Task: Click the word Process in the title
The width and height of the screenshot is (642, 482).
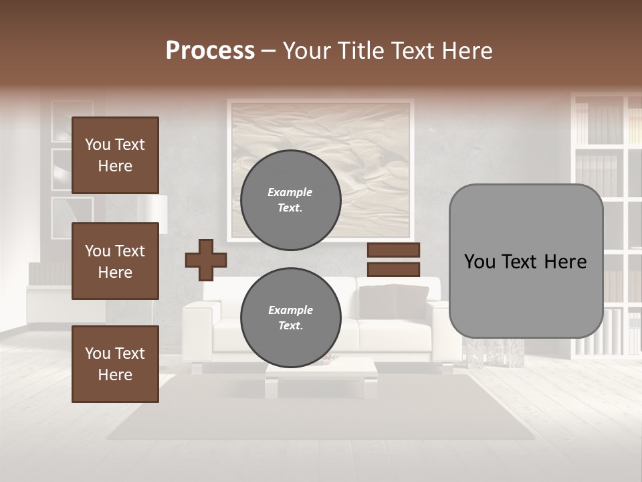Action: point(210,51)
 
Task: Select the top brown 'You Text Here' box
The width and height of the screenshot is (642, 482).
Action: point(115,155)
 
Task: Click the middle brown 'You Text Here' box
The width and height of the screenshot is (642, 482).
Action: point(115,261)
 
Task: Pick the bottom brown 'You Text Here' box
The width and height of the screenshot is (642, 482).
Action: point(115,364)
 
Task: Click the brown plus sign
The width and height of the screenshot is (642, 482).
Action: point(206,260)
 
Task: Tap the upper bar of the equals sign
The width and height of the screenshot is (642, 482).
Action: point(394,250)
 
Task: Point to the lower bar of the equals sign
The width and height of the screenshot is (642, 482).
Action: point(394,269)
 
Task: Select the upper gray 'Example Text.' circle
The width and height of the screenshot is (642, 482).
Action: point(290,199)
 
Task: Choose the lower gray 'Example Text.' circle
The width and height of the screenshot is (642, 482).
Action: point(290,317)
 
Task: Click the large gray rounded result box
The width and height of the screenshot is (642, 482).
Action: point(526,261)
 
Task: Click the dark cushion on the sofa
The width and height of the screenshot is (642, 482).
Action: point(395,301)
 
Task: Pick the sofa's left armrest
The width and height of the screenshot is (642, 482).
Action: point(199,328)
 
